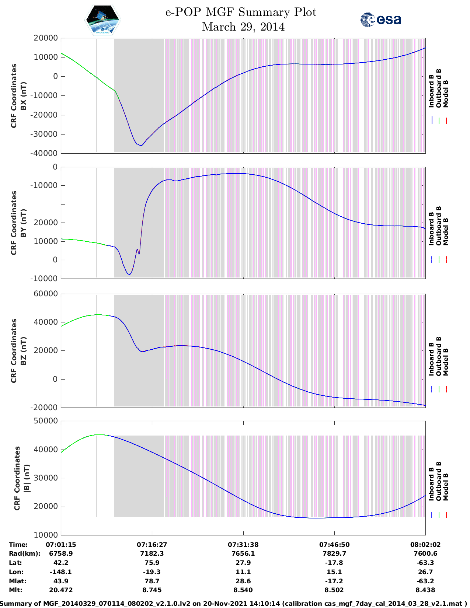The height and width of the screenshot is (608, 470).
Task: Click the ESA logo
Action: pos(380,20)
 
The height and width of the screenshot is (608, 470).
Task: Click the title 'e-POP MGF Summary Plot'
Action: pos(241,12)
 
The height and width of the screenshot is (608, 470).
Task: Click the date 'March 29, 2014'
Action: pos(243,27)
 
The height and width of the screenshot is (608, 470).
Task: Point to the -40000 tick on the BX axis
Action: pos(45,153)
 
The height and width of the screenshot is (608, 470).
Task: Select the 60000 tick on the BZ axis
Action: pos(45,294)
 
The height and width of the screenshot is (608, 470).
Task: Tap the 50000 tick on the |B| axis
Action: pos(45,421)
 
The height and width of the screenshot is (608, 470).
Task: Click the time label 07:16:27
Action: pos(152,544)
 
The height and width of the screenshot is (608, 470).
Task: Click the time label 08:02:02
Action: pos(425,544)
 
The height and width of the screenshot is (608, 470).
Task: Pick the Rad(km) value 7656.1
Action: pos(243,553)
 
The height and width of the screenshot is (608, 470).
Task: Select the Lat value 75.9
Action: pos(152,563)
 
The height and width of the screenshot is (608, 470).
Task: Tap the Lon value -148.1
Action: pos(61,572)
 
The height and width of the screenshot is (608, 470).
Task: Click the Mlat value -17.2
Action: pos(334,581)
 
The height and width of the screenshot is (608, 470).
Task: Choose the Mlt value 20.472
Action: pos(61,590)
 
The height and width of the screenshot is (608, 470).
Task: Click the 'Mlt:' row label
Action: pos(15,590)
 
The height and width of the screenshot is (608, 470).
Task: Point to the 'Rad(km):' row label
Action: pos(24,553)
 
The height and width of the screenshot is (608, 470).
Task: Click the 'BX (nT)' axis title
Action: pos(24,96)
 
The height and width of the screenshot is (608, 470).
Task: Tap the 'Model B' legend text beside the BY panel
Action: pos(446,231)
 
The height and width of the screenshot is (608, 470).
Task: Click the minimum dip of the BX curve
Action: pos(141,146)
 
